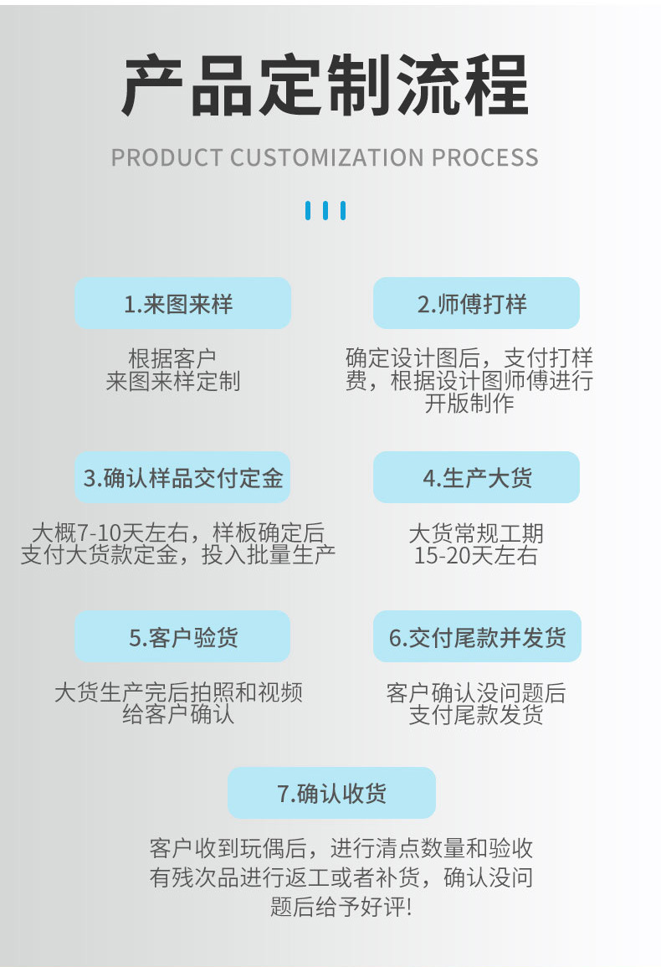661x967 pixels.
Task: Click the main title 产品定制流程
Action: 325,85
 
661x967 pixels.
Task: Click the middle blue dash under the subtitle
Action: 325,210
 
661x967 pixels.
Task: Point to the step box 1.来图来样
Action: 182,303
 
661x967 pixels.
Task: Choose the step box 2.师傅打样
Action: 476,303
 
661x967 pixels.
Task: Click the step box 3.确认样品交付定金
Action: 182,478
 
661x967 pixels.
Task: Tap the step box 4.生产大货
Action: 476,478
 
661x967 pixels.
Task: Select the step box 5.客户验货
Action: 182,637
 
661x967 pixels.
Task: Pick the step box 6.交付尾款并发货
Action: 476,637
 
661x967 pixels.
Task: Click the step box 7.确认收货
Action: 331,793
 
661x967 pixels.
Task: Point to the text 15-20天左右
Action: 476,556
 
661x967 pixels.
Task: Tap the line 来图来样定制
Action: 173,382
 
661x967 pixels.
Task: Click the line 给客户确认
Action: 178,715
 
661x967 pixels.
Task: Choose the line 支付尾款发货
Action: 476,715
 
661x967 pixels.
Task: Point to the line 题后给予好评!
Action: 341,907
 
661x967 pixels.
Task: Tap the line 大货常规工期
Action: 476,533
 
